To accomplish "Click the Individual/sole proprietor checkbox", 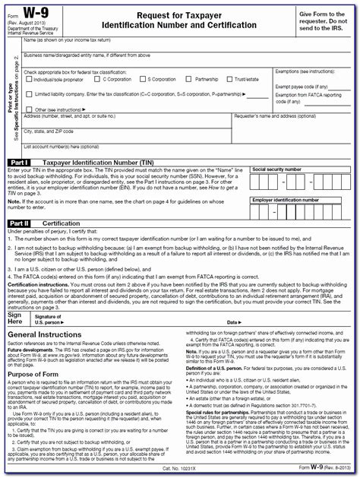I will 27,78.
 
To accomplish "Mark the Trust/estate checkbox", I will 232,78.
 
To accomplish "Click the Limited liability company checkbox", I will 27,93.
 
